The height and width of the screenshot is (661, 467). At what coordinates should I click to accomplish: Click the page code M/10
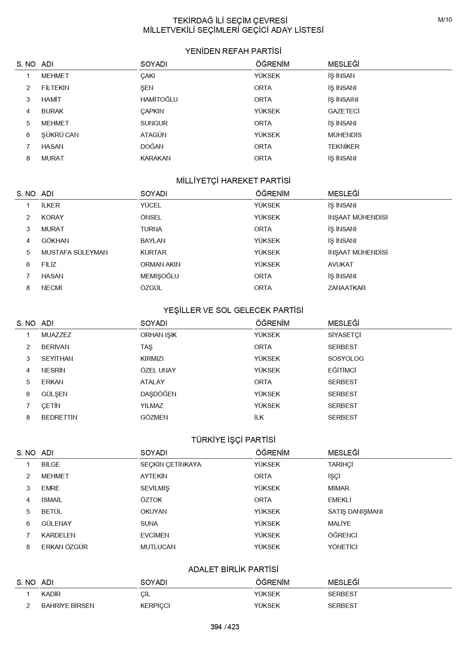(x=445, y=20)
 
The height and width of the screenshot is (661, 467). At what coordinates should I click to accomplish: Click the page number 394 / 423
(x=225, y=627)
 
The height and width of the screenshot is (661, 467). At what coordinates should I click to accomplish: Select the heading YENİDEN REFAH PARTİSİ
(x=233, y=51)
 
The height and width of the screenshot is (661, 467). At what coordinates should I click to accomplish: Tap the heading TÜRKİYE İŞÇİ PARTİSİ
(x=233, y=440)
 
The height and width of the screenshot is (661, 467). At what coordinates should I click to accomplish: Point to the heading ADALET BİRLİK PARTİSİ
(x=233, y=569)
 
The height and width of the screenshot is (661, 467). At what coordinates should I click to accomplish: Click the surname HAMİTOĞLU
(x=159, y=99)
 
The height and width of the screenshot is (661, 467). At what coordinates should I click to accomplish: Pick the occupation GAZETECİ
(x=343, y=111)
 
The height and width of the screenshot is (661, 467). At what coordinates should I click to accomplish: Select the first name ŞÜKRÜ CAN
(x=60, y=135)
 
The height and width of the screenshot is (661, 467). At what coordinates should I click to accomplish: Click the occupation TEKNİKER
(x=343, y=147)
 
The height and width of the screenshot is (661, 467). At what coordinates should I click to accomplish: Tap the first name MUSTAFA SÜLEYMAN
(x=75, y=252)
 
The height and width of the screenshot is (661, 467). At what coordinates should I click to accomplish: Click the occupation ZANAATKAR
(x=346, y=288)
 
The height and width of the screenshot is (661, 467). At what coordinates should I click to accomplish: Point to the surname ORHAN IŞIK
(x=159, y=335)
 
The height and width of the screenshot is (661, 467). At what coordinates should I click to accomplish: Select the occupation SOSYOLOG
(x=346, y=359)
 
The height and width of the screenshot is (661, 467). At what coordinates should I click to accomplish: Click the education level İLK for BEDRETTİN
(x=259, y=417)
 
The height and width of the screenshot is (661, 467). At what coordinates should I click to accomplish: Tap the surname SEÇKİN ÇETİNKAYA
(x=171, y=464)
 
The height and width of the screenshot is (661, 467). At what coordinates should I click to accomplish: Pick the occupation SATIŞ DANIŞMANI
(x=355, y=511)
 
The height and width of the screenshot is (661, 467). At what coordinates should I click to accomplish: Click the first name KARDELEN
(x=58, y=535)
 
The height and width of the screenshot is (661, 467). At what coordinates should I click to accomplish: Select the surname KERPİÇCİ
(x=155, y=606)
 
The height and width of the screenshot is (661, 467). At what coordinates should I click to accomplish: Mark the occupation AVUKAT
(x=340, y=264)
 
